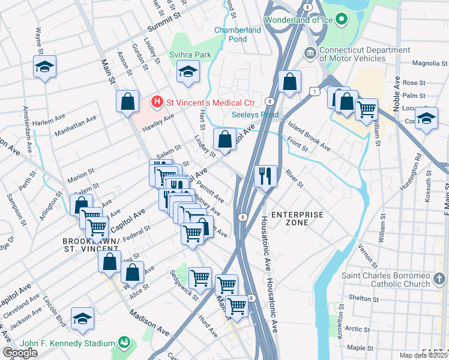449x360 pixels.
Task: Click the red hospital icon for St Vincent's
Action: pos(157,101)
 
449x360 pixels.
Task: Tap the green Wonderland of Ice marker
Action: pos(342,20)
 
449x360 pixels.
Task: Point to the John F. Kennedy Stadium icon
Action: pos(124,343)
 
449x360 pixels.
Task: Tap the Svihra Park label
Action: pos(193,55)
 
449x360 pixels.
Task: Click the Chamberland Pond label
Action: pos(238,34)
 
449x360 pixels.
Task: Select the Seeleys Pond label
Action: pos(255,115)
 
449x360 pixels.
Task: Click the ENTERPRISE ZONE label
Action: pos(297,218)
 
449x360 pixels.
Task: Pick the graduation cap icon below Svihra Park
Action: pos(188,73)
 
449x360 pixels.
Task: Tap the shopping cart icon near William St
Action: pos(366,110)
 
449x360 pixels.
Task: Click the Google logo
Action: pos(20,353)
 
